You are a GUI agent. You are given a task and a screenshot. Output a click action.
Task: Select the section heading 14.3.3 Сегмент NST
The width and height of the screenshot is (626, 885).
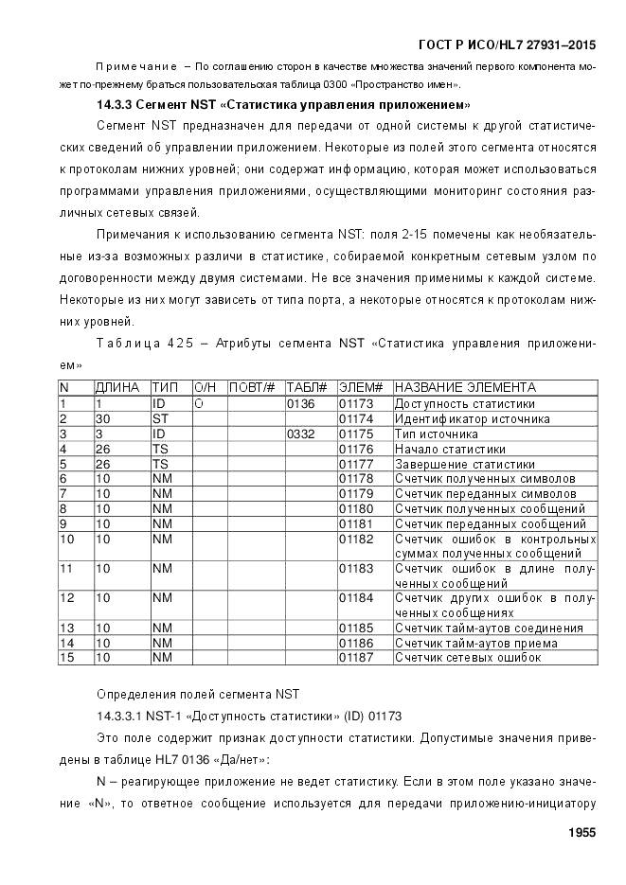coord(284,103)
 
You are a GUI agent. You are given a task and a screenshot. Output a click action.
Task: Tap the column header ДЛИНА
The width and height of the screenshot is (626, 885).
coord(117,388)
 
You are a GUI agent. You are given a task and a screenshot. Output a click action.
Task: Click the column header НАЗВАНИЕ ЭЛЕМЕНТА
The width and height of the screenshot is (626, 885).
coord(465,388)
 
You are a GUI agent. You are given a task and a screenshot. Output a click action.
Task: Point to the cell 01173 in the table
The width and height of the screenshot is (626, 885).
coord(357,403)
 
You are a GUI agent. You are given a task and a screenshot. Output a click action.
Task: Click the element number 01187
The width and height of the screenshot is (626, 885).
coord(357,657)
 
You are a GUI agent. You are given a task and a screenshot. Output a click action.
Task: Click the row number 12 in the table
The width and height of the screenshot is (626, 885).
coord(67,597)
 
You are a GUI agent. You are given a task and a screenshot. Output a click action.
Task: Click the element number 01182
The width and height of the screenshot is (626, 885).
coord(357,539)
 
